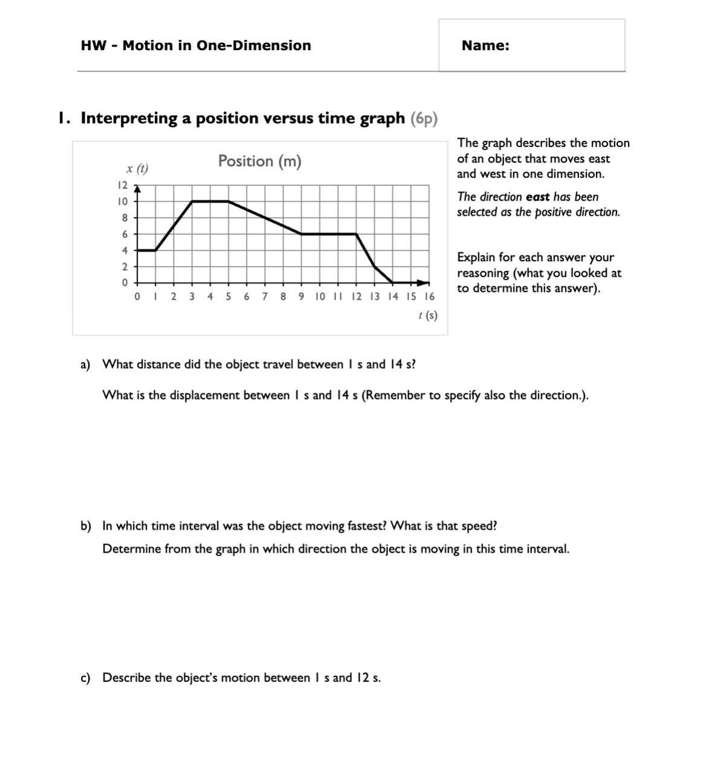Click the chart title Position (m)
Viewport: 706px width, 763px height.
[259, 161]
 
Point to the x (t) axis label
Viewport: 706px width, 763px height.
[137, 168]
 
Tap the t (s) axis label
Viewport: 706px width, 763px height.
[427, 315]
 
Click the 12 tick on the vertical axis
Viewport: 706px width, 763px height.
[122, 185]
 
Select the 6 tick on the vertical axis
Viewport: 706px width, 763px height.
[125, 234]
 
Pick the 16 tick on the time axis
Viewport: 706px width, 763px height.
[429, 297]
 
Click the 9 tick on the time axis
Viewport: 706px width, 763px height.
[301, 297]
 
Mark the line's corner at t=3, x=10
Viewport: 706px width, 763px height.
[192, 201]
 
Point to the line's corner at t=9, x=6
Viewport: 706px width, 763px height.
[302, 234]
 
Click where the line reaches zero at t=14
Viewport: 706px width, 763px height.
[393, 282]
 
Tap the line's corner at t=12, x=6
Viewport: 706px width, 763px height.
[356, 234]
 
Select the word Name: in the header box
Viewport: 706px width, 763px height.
[485, 45]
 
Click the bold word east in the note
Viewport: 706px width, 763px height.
[537, 197]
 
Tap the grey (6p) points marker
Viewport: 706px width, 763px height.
[424, 119]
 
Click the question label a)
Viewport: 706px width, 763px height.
[85, 365]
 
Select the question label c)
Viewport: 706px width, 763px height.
[85, 678]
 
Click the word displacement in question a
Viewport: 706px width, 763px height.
[204, 395]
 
